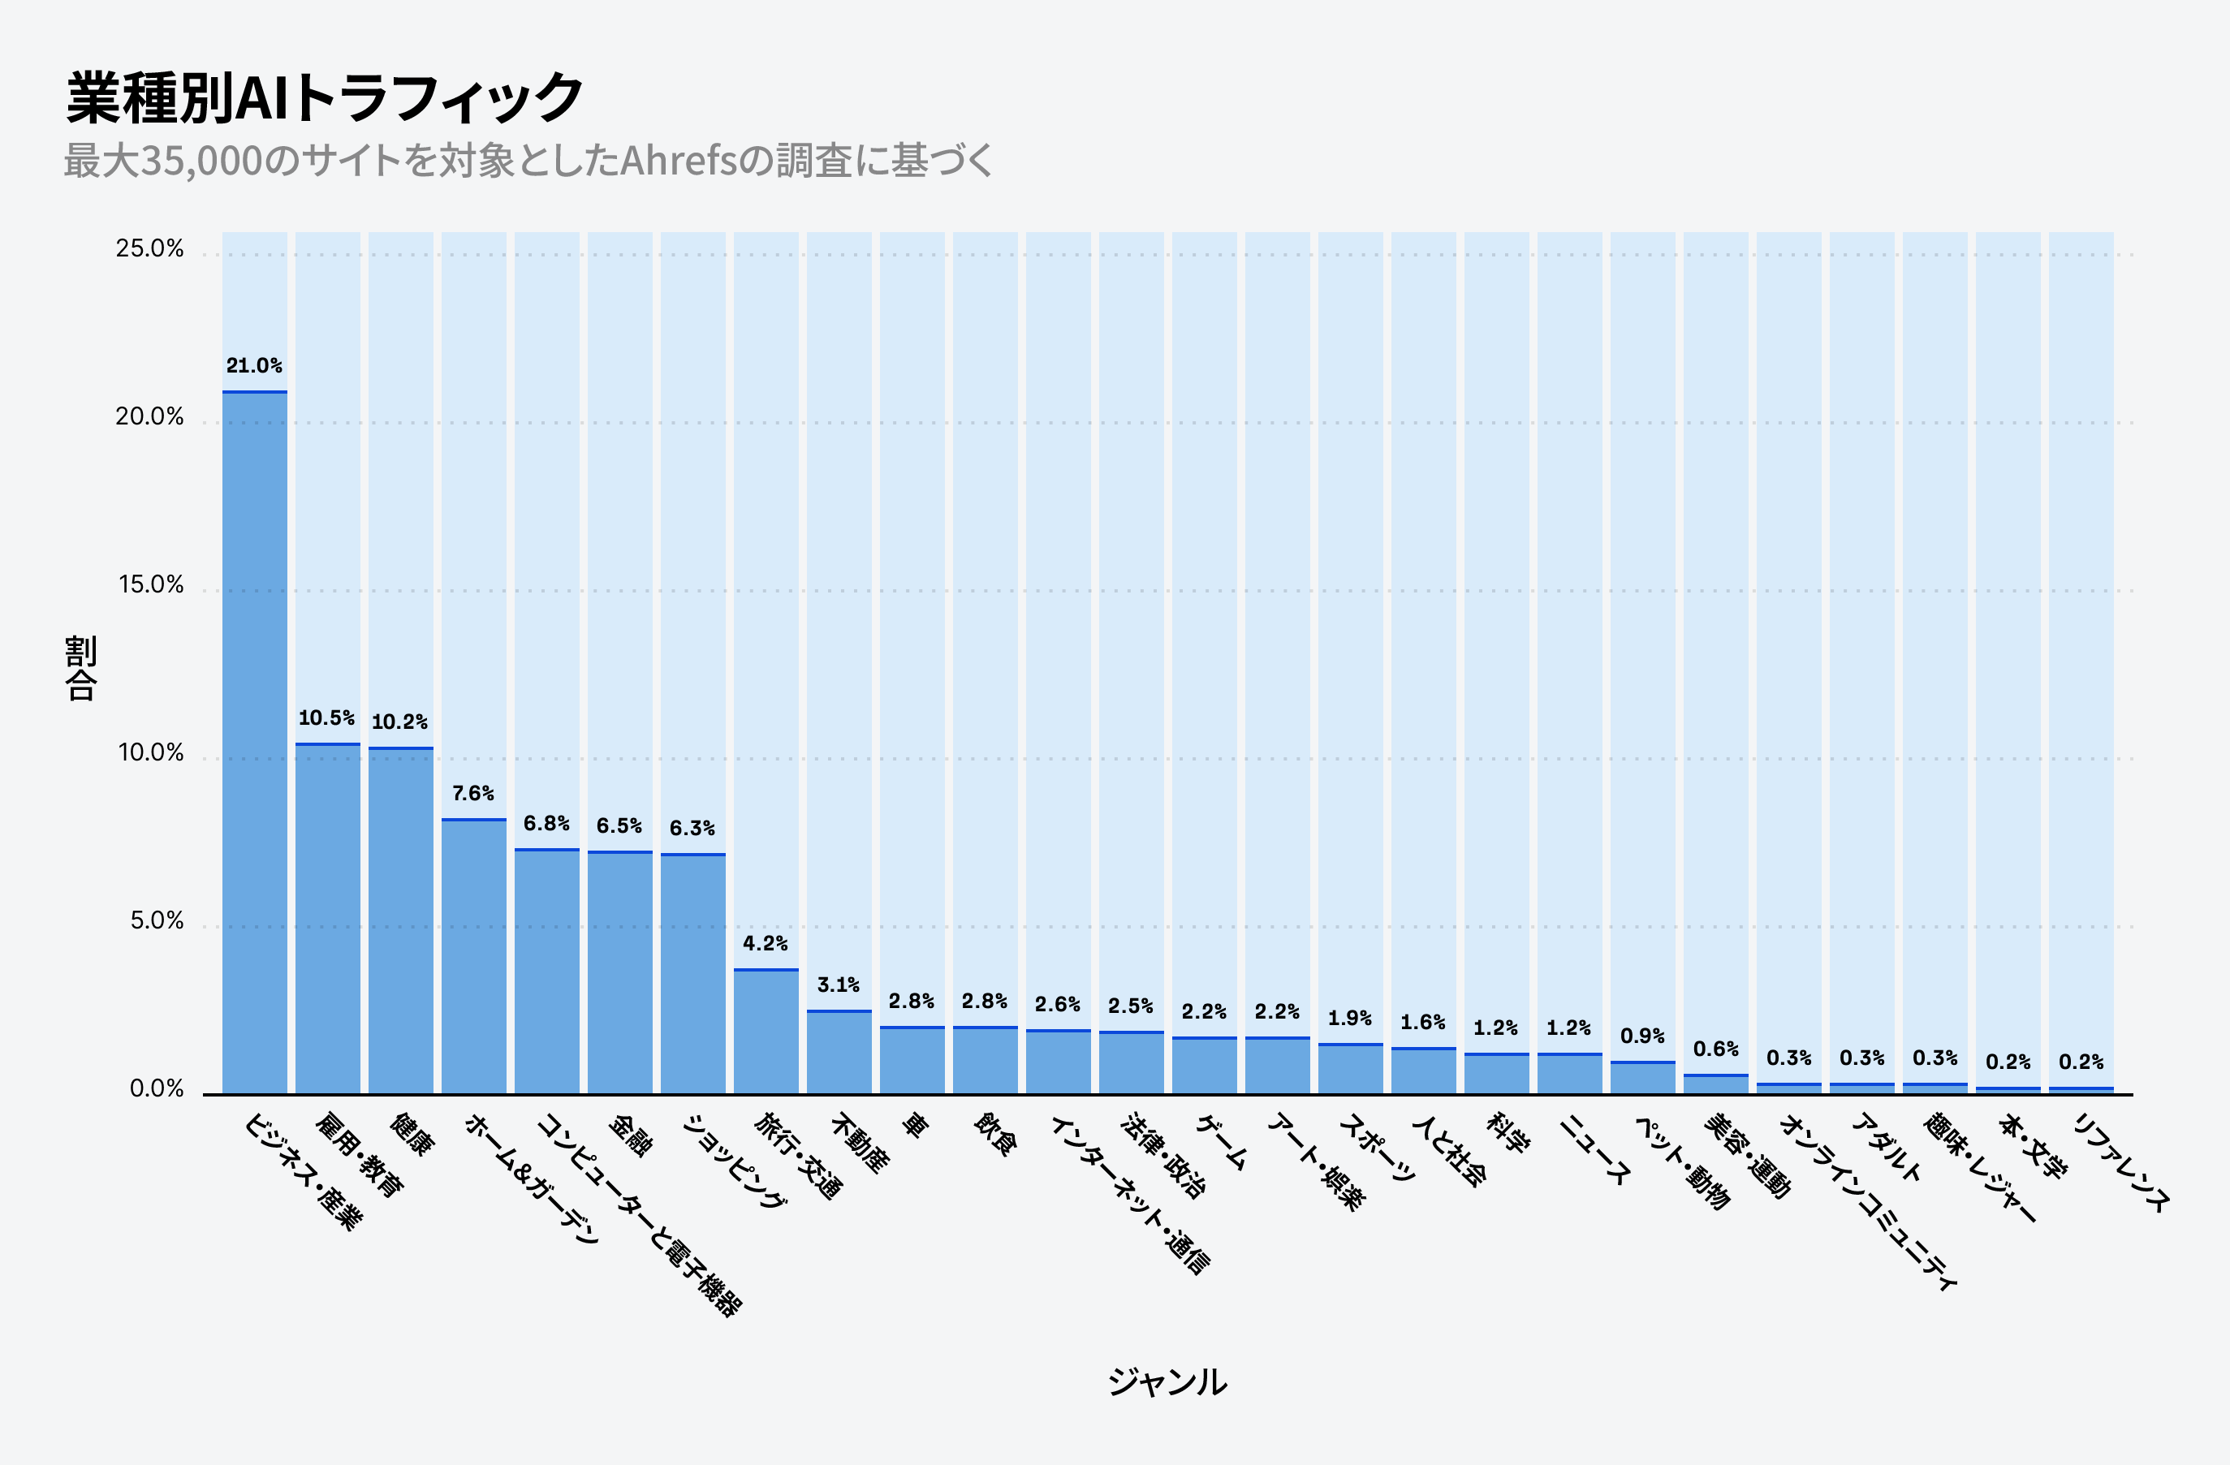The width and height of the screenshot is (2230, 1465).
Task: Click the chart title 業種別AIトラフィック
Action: [x=324, y=97]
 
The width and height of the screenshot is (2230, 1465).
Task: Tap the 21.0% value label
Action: [x=254, y=365]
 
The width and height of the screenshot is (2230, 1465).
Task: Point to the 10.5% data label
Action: [x=326, y=717]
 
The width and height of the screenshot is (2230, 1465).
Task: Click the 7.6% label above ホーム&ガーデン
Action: [x=472, y=794]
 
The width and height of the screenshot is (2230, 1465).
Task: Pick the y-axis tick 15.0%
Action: [x=150, y=584]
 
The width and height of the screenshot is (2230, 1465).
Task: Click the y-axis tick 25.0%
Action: [x=150, y=248]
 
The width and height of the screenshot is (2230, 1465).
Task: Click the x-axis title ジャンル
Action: [x=1167, y=1381]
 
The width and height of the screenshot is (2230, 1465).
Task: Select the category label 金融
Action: [x=631, y=1135]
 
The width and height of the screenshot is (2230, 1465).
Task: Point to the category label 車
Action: [x=913, y=1124]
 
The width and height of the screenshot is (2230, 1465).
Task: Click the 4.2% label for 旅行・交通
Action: [x=765, y=943]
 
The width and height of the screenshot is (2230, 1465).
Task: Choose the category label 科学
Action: [x=1508, y=1131]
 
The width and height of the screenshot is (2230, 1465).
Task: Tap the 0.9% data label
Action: [x=1641, y=1036]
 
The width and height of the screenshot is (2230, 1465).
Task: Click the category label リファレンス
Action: [x=2120, y=1161]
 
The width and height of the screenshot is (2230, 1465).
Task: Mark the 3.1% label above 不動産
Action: [x=838, y=985]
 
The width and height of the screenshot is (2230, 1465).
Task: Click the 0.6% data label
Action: [x=1715, y=1049]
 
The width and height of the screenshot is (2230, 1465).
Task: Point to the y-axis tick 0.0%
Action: [x=157, y=1088]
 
